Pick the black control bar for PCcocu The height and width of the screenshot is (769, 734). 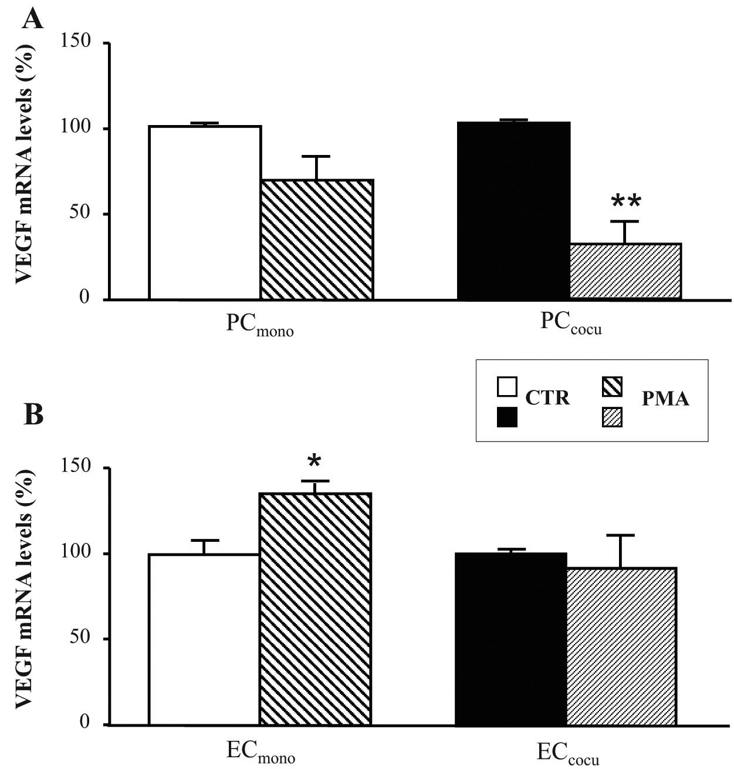click(513, 211)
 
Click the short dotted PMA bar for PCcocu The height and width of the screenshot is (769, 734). click(625, 271)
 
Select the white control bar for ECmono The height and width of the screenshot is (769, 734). click(204, 639)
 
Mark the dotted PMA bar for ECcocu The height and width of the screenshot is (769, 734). click(621, 646)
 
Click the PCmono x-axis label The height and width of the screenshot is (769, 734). click(260, 327)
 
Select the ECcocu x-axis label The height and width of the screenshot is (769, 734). click(567, 754)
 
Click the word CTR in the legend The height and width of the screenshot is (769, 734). click(547, 399)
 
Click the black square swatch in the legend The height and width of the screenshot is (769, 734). click(507, 417)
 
